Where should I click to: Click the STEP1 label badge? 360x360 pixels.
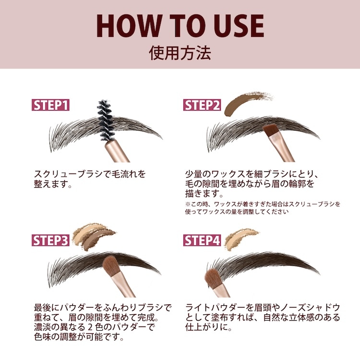click(x=50, y=105)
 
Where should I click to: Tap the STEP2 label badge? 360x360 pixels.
click(x=202, y=105)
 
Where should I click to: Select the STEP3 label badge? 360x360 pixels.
click(x=50, y=240)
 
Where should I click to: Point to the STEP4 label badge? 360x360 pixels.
click(x=202, y=240)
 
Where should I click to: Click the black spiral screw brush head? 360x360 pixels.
click(x=106, y=120)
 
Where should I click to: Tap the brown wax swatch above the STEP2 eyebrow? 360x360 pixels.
click(x=246, y=102)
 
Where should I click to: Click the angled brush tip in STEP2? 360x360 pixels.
click(x=270, y=131)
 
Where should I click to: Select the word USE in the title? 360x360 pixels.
click(x=240, y=26)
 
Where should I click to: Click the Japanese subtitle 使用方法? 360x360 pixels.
click(x=180, y=53)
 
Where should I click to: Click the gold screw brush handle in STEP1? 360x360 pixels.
click(x=117, y=151)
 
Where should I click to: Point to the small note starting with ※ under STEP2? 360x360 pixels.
click(x=263, y=208)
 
